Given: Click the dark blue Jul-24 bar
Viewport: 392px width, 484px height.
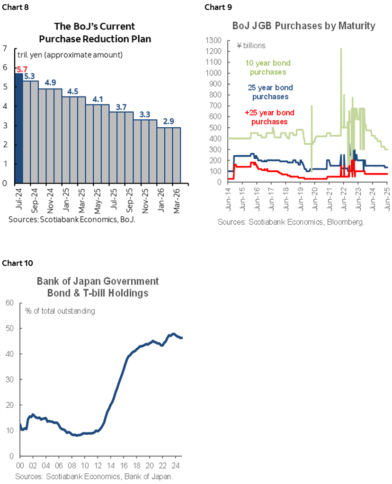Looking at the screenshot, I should [x=19, y=128].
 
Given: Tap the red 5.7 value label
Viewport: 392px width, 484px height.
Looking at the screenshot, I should [x=22, y=69].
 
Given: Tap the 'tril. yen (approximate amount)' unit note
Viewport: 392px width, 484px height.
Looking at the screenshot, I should [x=70, y=55].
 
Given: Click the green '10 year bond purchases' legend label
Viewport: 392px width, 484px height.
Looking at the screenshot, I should [x=267, y=67].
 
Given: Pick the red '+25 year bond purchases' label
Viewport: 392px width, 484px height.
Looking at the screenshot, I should [x=269, y=117].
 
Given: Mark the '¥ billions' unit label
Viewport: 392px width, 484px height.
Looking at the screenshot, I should [x=251, y=46].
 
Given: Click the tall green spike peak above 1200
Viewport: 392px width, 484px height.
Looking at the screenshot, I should [x=341, y=49].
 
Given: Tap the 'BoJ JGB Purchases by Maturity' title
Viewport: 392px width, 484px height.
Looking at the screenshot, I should [x=298, y=26].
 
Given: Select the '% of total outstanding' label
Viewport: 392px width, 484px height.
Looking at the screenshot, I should [x=60, y=311].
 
